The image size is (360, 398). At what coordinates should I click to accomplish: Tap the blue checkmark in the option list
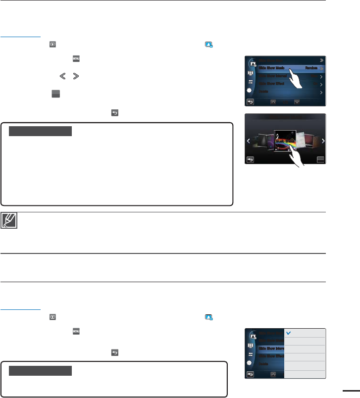coord(288,333)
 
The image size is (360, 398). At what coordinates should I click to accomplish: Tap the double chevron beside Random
coord(321,68)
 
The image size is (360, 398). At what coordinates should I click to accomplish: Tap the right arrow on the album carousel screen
coord(322,141)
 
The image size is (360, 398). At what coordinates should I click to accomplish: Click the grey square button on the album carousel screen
coord(321,160)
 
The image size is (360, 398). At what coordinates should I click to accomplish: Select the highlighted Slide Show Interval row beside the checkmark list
coord(270,348)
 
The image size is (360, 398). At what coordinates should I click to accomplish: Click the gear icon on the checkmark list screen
coord(251,363)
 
